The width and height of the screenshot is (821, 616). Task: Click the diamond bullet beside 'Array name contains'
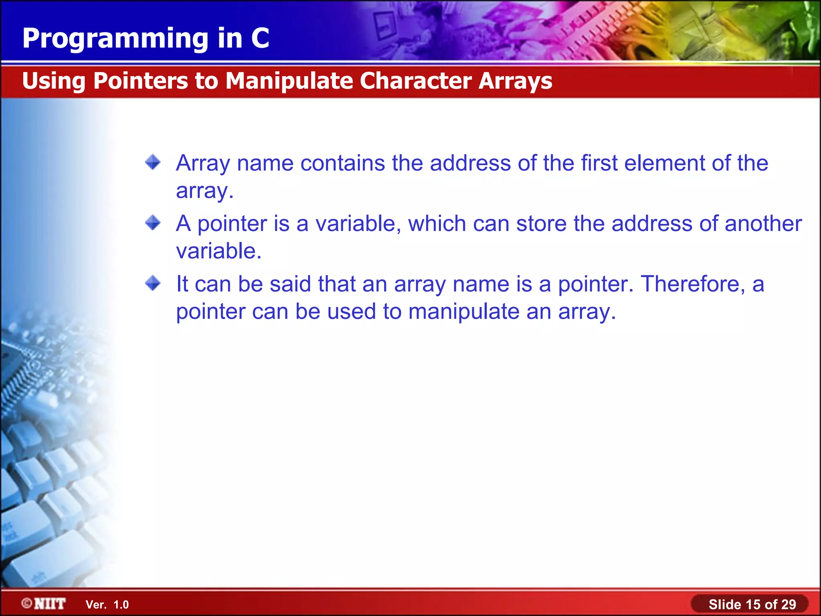pyautogui.click(x=153, y=162)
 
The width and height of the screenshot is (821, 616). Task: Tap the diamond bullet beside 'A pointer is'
pyautogui.click(x=153, y=223)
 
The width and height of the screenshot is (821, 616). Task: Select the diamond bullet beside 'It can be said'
pyautogui.click(x=153, y=283)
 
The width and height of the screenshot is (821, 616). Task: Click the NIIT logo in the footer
pyautogui.click(x=50, y=604)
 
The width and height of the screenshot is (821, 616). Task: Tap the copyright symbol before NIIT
pyautogui.click(x=27, y=604)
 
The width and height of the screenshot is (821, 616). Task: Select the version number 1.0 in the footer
pyautogui.click(x=121, y=605)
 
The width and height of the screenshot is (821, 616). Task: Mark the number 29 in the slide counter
pyautogui.click(x=789, y=604)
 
